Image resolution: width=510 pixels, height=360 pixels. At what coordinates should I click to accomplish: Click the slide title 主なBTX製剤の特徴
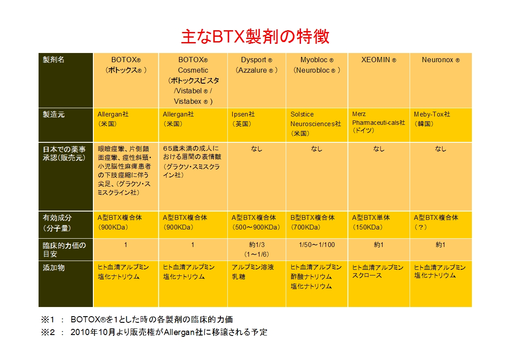(255, 36)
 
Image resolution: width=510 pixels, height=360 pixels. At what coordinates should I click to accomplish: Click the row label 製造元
(53, 114)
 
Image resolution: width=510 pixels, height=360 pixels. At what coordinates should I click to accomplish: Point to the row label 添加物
(53, 268)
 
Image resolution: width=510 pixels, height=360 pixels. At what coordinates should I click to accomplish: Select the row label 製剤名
(53, 60)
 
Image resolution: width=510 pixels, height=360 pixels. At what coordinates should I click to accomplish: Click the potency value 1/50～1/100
(317, 245)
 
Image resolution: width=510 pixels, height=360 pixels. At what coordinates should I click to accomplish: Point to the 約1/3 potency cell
(257, 250)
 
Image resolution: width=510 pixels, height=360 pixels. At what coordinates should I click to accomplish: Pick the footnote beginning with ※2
(154, 332)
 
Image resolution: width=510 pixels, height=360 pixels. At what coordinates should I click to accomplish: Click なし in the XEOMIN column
(379, 149)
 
